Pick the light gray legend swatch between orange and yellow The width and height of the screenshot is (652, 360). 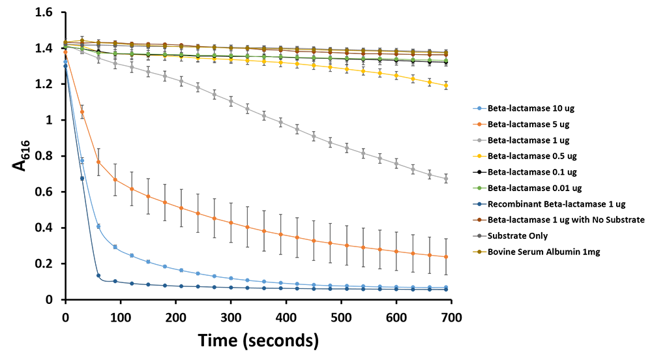(468, 140)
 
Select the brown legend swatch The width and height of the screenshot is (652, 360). (468, 220)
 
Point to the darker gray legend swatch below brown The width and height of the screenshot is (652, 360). (471, 235)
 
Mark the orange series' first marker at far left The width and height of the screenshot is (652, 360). (61, 51)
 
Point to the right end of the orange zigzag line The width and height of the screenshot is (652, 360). (446, 253)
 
